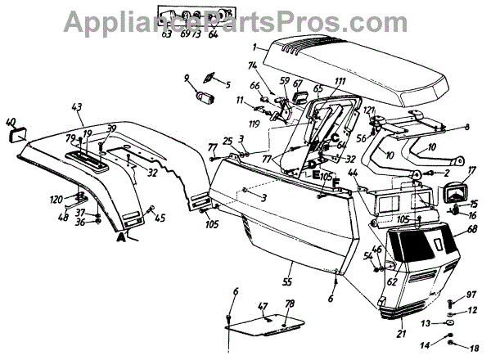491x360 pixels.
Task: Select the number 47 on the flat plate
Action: click(262, 308)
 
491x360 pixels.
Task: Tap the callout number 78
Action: click(289, 304)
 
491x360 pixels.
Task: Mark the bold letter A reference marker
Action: click(122, 237)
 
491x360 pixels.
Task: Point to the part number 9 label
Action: click(187, 79)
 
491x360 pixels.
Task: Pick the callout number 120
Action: click(56, 199)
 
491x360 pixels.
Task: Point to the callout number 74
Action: click(252, 65)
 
